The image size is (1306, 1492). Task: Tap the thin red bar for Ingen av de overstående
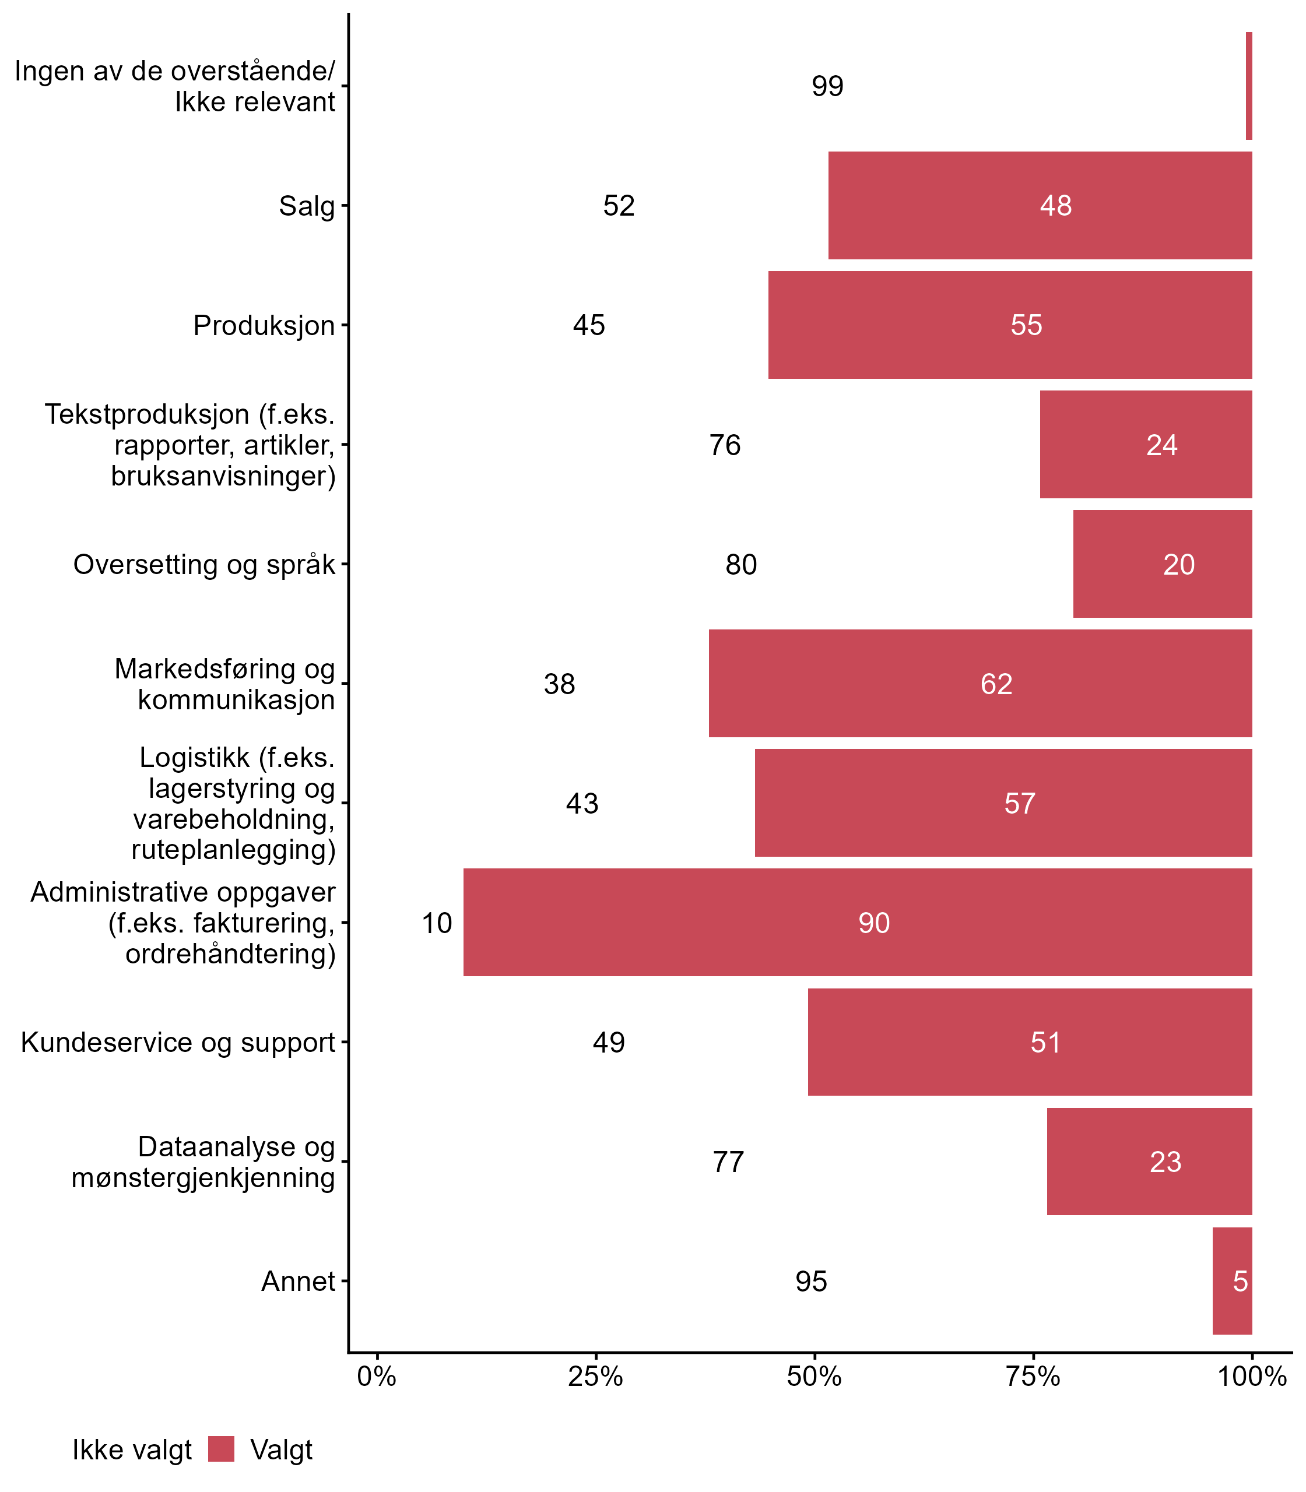tap(1248, 86)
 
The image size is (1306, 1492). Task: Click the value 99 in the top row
tap(827, 86)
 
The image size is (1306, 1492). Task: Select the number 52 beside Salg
tap(619, 205)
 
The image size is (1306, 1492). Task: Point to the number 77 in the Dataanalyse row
tap(728, 1162)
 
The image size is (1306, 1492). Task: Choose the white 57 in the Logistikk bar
tap(1020, 804)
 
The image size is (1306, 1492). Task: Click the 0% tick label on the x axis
tap(377, 1376)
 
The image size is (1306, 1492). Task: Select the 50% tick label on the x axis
tap(814, 1376)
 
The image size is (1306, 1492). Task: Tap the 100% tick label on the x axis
tap(1251, 1376)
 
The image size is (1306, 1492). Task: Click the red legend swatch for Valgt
tap(221, 1449)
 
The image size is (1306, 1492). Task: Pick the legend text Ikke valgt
tap(132, 1450)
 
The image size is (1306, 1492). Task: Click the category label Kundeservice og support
tap(178, 1043)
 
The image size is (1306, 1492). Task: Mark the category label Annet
tap(298, 1281)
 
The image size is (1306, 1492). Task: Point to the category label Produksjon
tap(264, 326)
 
